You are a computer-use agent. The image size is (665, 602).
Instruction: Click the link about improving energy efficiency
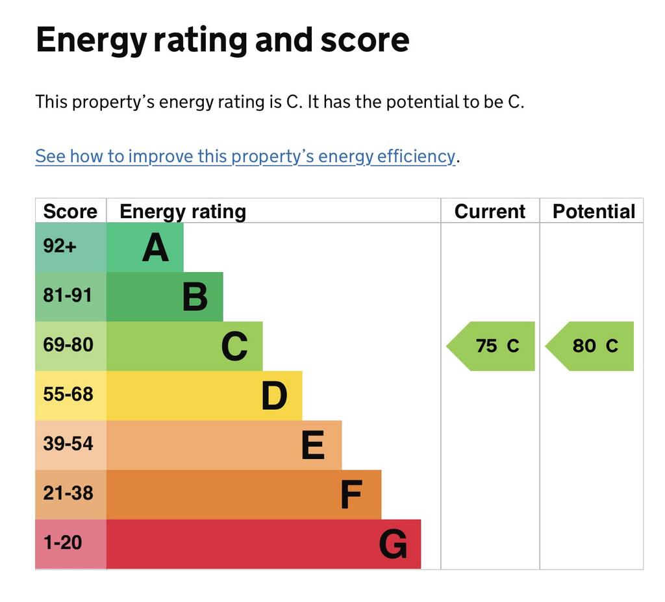point(245,157)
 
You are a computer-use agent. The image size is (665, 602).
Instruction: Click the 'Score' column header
point(70,212)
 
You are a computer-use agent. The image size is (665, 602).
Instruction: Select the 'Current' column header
point(490,212)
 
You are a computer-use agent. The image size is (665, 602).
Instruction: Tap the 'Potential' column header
point(594,212)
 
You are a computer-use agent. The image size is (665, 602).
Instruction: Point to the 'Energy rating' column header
point(182,212)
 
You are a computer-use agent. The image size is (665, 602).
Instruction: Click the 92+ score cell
point(60,247)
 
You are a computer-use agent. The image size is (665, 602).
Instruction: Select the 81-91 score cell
point(68,296)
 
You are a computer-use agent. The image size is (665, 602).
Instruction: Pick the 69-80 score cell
point(68,345)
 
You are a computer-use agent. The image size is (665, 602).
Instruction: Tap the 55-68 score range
point(68,395)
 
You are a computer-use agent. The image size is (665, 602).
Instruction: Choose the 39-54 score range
point(68,444)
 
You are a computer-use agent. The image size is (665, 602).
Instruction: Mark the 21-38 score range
point(68,494)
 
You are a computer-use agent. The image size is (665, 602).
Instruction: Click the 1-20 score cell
point(63,543)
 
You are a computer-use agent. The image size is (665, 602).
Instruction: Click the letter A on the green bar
point(156,247)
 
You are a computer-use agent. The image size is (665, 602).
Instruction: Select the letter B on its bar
point(195,297)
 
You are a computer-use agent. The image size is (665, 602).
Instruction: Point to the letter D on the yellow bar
point(274,395)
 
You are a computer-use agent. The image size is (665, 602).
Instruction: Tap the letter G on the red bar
point(393,544)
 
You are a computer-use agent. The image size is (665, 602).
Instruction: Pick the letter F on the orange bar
point(351,495)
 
